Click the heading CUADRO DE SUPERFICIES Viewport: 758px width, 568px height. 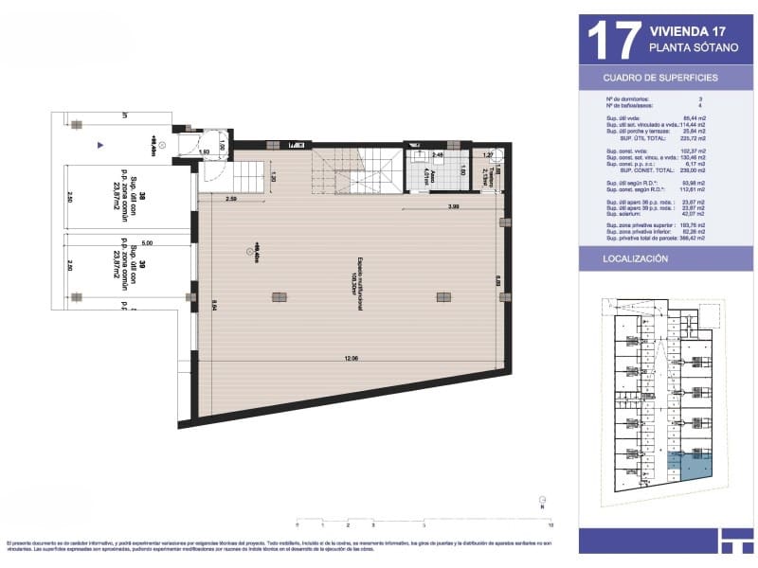[x=660, y=78]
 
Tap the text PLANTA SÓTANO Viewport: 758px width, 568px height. [x=685, y=46]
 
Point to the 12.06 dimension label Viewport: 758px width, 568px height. [x=351, y=359]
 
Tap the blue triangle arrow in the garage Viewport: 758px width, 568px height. [x=99, y=146]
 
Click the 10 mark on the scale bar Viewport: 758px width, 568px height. [x=550, y=524]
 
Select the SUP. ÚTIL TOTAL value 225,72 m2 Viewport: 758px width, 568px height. [x=701, y=138]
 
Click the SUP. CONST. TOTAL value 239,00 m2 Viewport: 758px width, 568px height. [x=701, y=170]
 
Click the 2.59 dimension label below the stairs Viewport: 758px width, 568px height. [x=230, y=199]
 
